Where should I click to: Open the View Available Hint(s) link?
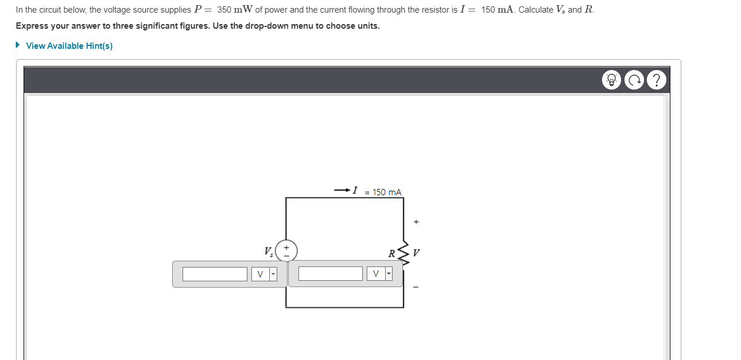(x=69, y=46)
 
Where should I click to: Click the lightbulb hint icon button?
(x=611, y=80)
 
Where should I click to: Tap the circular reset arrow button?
(x=634, y=80)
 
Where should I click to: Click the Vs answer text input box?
(x=215, y=274)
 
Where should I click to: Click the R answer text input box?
(x=330, y=274)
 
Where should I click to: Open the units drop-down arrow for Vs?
(x=273, y=274)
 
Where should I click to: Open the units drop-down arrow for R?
(x=389, y=274)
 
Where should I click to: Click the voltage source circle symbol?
(x=286, y=251)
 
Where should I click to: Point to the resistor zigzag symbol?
(x=404, y=253)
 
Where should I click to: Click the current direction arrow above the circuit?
(x=342, y=190)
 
